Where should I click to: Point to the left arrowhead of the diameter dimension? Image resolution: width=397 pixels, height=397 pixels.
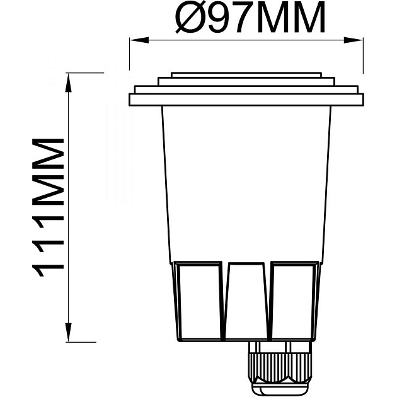point(133,40)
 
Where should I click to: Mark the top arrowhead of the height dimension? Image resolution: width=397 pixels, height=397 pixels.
point(67,78)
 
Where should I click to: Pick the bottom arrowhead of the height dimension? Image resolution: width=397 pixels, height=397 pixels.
point(67,337)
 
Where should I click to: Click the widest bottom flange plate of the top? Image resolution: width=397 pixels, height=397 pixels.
point(246,100)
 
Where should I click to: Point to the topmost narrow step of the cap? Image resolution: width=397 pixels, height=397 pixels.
point(246,74)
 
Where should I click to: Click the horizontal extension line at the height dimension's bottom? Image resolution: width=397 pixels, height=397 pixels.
point(82,342)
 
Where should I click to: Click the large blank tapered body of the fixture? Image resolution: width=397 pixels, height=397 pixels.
point(246,183)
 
